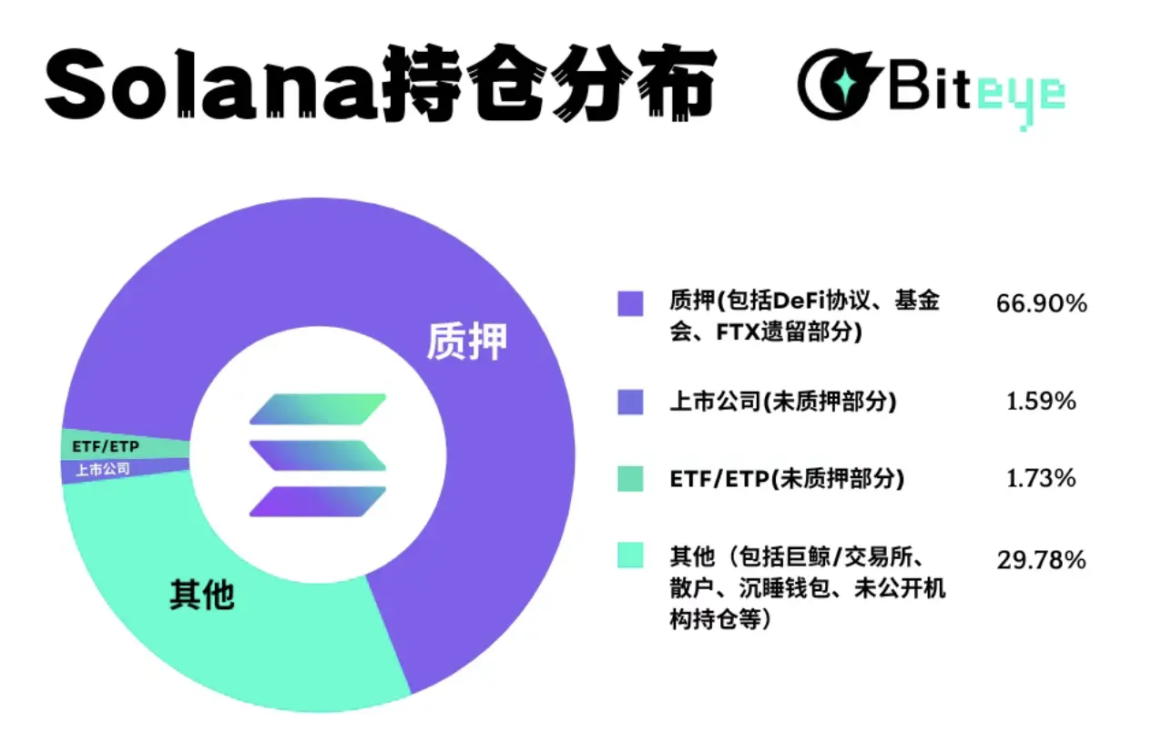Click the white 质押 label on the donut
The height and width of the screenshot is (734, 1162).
[466, 342]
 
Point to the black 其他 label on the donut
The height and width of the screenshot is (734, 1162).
[202, 594]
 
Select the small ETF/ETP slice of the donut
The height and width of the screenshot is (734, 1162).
[109, 447]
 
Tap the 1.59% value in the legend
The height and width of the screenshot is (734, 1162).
[1042, 401]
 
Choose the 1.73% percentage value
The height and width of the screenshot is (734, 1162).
[1042, 478]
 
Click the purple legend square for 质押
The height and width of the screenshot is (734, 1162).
[630, 303]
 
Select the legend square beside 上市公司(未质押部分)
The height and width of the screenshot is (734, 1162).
[630, 402]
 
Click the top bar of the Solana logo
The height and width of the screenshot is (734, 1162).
[318, 410]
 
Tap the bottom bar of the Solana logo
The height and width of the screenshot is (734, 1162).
[318, 501]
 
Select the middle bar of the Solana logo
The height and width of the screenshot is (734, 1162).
[318, 455]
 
